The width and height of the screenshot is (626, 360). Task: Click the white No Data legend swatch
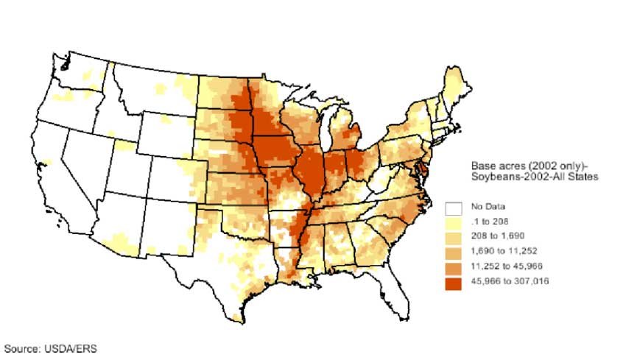pyautogui.click(x=453, y=207)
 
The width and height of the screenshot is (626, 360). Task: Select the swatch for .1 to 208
pyautogui.click(x=453, y=222)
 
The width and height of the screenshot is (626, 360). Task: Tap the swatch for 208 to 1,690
pyautogui.click(x=453, y=236)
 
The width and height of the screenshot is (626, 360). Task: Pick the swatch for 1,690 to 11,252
pyautogui.click(x=453, y=251)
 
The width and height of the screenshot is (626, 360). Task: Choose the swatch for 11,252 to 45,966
pyautogui.click(x=453, y=266)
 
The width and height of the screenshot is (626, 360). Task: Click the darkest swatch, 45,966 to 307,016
pyautogui.click(x=453, y=281)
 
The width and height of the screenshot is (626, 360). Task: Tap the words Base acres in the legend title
pyautogui.click(x=496, y=166)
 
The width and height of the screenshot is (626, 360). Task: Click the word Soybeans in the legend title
pyautogui.click(x=493, y=177)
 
